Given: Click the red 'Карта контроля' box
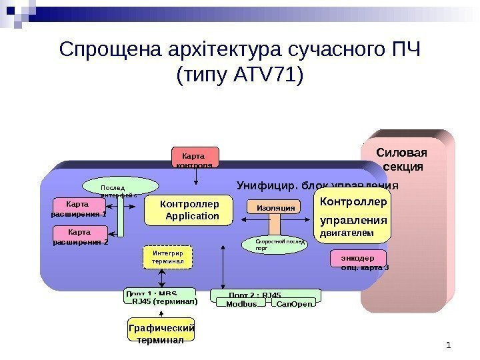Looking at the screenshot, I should (195, 157).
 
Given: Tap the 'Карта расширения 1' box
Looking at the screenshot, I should (79, 208).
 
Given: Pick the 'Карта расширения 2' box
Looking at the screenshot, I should (79, 235).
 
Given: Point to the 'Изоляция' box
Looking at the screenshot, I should (275, 208).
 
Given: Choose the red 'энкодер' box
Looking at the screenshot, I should (357, 259).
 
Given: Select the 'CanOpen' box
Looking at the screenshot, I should (293, 304).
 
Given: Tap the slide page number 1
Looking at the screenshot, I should (449, 345).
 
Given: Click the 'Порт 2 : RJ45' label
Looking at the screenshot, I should (255, 294).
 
